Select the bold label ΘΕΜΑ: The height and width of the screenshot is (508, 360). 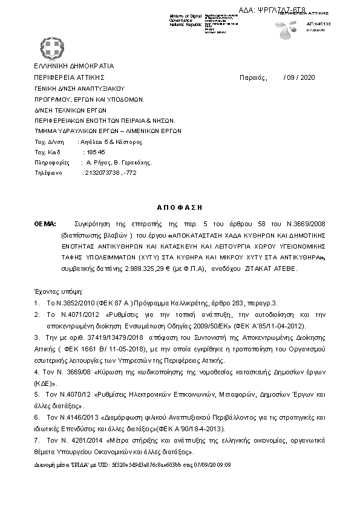pyautogui.click(x=45, y=223)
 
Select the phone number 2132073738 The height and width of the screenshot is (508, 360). pyautogui.click(x=100, y=172)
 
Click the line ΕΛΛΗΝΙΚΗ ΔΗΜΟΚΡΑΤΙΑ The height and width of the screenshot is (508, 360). pyautogui.click(x=74, y=66)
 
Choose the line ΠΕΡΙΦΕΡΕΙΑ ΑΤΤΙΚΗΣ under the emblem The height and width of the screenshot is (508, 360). pyautogui.click(x=69, y=77)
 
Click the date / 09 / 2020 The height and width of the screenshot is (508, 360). pyautogui.click(x=299, y=77)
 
